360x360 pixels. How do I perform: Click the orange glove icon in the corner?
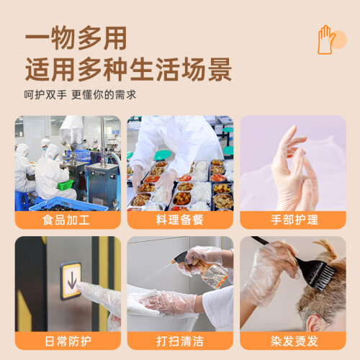pyautogui.click(x=326, y=40)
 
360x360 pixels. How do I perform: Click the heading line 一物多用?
pyautogui.click(x=76, y=38)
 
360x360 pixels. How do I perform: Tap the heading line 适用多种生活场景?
pyautogui.click(x=128, y=69)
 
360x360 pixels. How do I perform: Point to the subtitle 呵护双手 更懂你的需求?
pyautogui.click(x=80, y=95)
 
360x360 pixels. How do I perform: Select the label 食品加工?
pyautogui.click(x=66, y=220)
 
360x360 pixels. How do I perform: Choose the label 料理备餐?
pyautogui.click(x=180, y=220)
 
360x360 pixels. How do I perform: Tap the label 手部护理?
pyautogui.click(x=294, y=220)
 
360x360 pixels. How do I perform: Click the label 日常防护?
pyautogui.click(x=68, y=341)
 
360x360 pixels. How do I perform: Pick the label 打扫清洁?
pyautogui.click(x=180, y=341)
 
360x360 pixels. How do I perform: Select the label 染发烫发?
pyautogui.click(x=294, y=341)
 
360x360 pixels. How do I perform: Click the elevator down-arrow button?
pyautogui.click(x=71, y=280)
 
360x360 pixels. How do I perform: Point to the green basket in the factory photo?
pyautogui.click(x=66, y=185)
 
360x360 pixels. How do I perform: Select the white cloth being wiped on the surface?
pyautogui.click(x=144, y=304)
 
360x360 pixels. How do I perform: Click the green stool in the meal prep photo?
pyautogui.click(x=162, y=155)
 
